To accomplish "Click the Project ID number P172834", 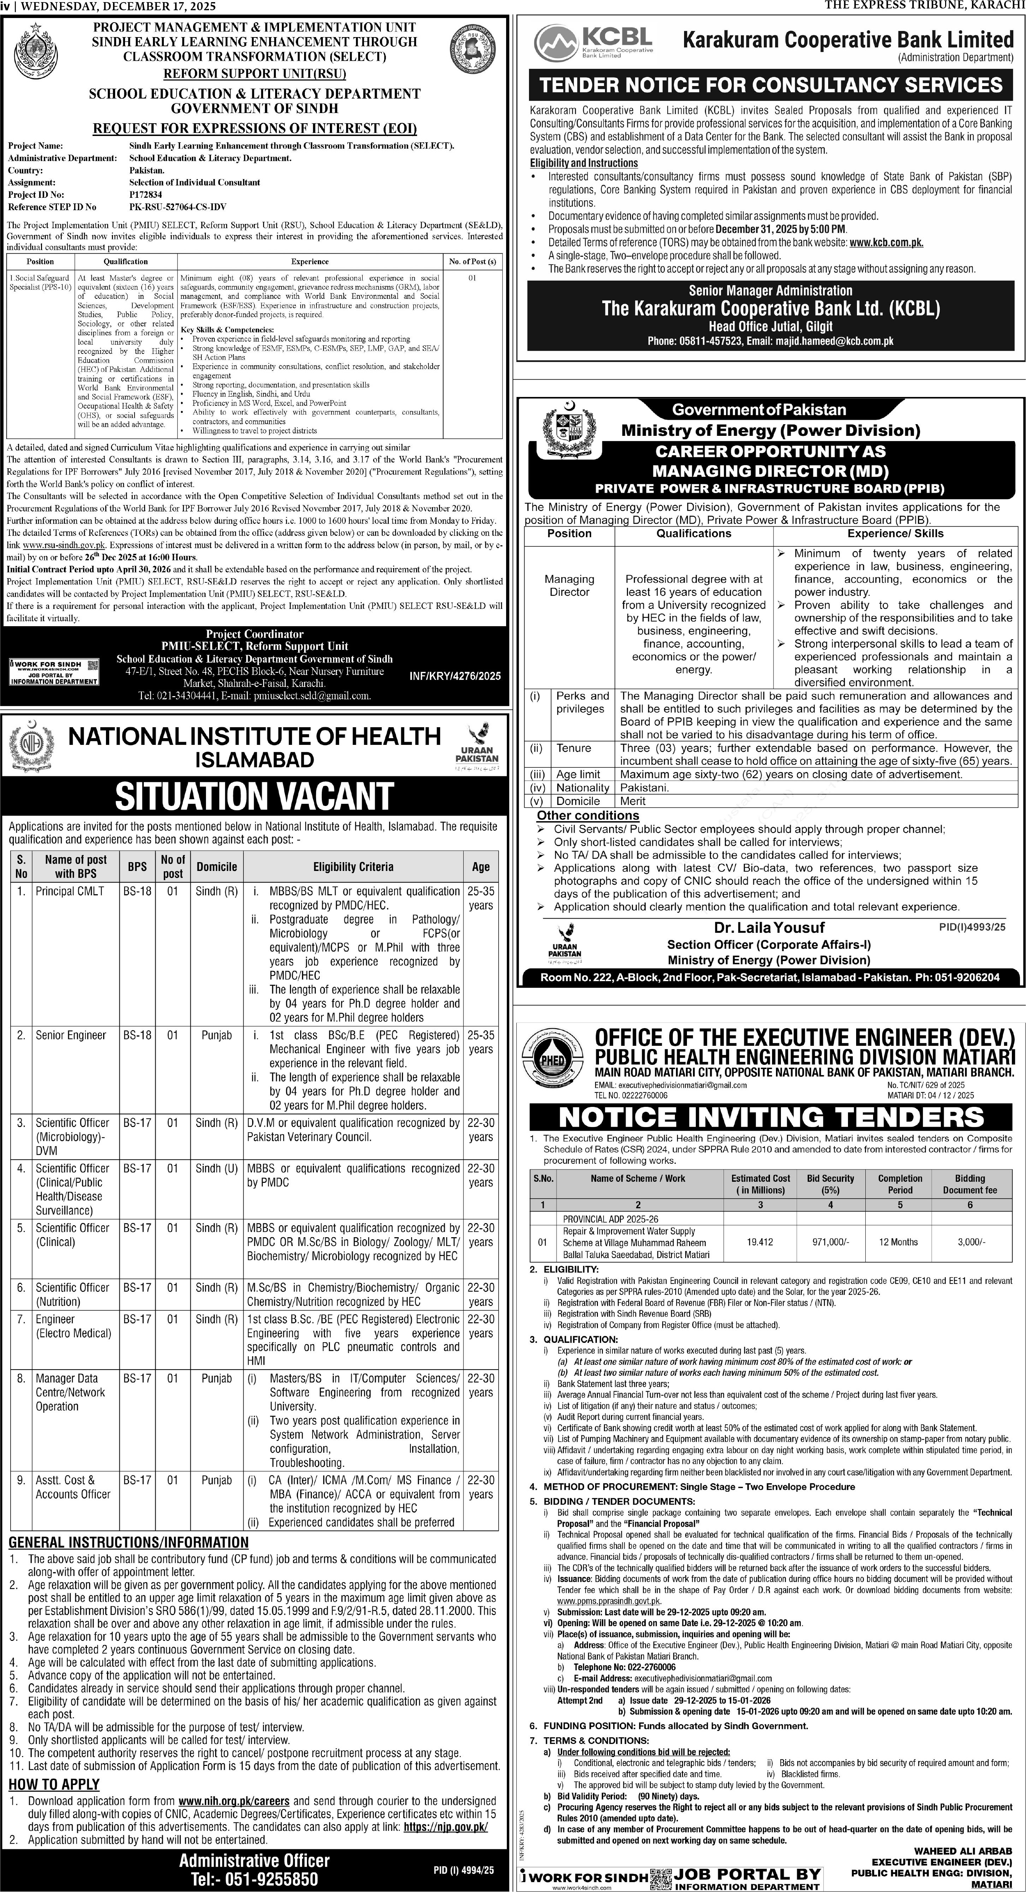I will click(146, 195).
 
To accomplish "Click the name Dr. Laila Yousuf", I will click(769, 928).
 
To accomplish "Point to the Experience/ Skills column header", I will click(895, 534).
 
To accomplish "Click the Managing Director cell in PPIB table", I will click(569, 585).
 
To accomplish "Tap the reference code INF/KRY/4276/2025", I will click(455, 676).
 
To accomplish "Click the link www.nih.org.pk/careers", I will click(233, 1801).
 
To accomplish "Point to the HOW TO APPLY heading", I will click(54, 1784).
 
